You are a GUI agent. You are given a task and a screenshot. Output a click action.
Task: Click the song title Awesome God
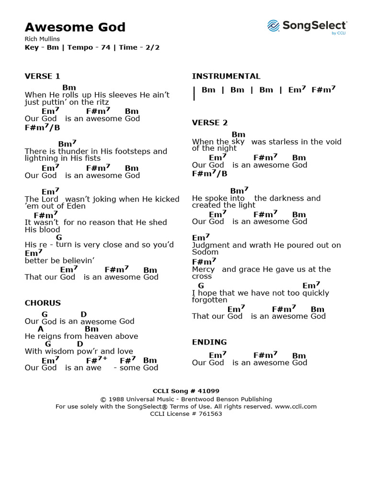[x=75, y=27]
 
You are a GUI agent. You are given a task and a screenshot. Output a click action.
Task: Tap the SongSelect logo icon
[x=273, y=26]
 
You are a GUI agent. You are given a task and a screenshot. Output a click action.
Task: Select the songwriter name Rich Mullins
[x=42, y=39]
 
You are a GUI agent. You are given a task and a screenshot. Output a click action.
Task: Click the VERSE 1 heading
[x=43, y=76]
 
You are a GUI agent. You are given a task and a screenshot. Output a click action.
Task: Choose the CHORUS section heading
[x=43, y=303]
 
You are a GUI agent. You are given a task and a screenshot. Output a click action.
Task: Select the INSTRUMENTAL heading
[x=226, y=76]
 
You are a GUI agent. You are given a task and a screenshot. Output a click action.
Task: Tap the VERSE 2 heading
[x=210, y=122]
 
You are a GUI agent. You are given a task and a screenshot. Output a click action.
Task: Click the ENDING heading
[x=209, y=342]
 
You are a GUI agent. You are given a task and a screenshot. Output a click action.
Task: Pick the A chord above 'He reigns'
[x=41, y=329]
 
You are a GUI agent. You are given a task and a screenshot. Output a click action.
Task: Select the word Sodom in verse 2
[x=205, y=252]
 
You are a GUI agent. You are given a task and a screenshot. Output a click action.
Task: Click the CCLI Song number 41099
[x=207, y=391]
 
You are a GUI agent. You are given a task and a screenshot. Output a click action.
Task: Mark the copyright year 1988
[x=117, y=399]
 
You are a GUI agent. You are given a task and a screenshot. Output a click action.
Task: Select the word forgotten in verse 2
[x=210, y=300]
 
